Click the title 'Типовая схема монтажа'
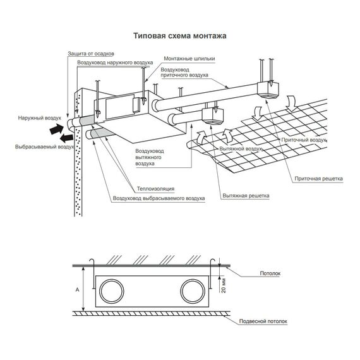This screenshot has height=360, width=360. [x=180, y=36]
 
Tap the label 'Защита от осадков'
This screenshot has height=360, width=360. [x=91, y=54]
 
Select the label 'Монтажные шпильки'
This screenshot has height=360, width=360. [x=189, y=59]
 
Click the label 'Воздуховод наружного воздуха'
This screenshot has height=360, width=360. [x=115, y=63]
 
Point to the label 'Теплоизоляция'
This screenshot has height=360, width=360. [x=155, y=189]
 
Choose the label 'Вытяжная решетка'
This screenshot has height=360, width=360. [x=246, y=196]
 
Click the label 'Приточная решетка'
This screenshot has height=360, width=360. [x=319, y=179]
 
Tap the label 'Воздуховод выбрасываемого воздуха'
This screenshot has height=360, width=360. [x=159, y=198]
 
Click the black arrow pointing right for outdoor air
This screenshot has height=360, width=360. [x=57, y=129]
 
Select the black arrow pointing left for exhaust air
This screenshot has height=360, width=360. [x=66, y=138]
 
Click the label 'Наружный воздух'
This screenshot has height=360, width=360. [x=40, y=118]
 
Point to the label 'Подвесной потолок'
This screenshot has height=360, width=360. [x=263, y=321]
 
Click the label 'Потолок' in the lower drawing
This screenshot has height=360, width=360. [x=270, y=273]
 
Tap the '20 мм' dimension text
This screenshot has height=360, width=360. [x=224, y=285]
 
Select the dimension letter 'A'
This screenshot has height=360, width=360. [x=78, y=290]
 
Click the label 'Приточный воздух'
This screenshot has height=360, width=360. [x=304, y=140]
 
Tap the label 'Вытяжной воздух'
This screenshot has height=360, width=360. [x=241, y=149]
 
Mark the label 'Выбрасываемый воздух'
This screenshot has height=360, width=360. [x=45, y=147]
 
